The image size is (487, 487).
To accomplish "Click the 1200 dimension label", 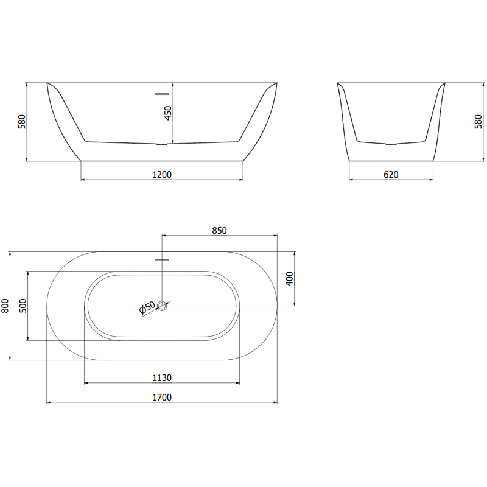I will coord(162,175).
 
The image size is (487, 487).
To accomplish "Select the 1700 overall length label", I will coord(162,398).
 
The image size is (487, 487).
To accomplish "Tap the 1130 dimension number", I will coord(162,377).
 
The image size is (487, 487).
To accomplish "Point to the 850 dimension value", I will coord(219,230).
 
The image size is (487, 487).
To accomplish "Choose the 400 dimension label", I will coord(290,279).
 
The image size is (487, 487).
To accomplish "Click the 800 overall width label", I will coord(5,306).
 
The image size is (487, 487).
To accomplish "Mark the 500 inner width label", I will coord(23,306).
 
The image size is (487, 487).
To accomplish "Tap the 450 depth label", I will coord(169,114).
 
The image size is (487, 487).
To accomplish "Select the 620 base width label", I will coord(391,175).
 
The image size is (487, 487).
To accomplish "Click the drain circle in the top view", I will coord(162,306).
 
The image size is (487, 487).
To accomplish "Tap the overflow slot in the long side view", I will coord(162,94).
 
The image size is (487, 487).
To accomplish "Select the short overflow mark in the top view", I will coord(162,259).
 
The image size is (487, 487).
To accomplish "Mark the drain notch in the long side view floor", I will coord(162,144).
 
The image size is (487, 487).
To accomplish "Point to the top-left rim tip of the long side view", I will coord(47,83).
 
